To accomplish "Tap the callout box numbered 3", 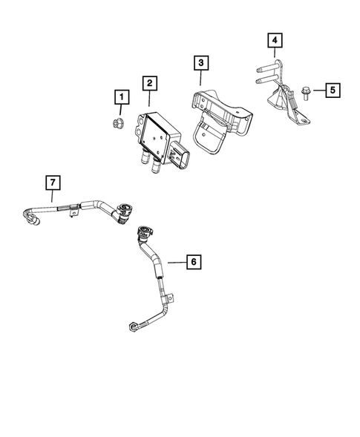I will (x=200, y=63).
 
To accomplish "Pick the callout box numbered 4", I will (x=275, y=39).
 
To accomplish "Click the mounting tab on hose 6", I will (x=172, y=299).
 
